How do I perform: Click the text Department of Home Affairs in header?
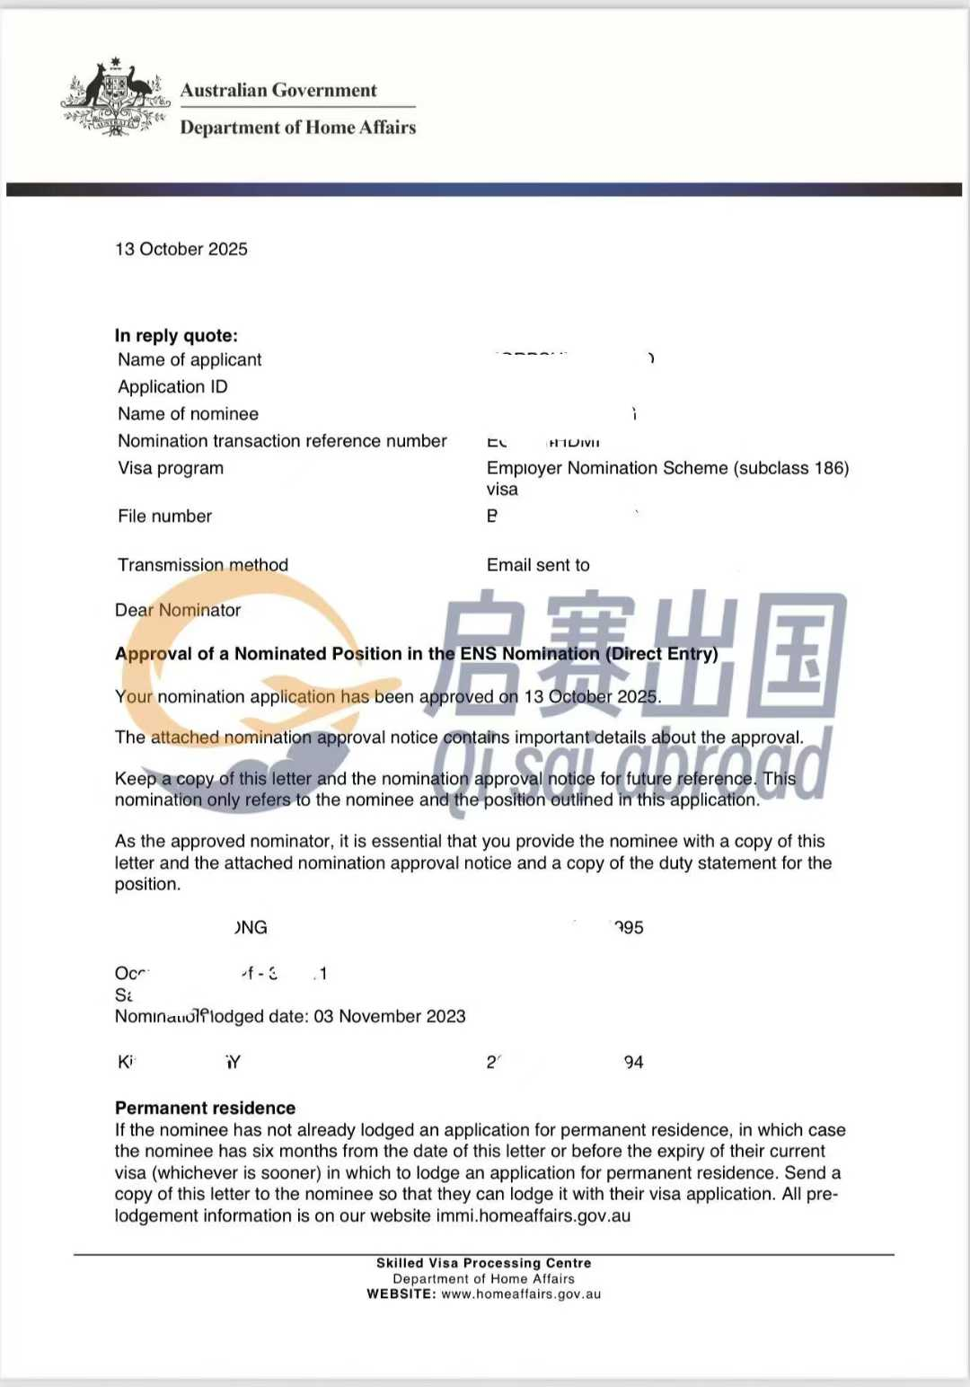point(297,128)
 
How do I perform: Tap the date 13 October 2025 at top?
point(181,249)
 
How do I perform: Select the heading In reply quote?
point(176,335)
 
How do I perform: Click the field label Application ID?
point(172,386)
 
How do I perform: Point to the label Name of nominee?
point(188,413)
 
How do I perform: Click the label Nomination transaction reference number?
point(282,440)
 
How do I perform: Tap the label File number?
point(164,516)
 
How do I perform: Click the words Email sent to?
point(538,564)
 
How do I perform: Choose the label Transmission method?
point(203,564)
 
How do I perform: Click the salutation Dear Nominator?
point(178,609)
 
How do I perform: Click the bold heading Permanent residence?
point(205,1108)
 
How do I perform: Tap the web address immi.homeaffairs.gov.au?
point(533,1215)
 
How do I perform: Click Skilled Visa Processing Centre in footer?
point(483,1263)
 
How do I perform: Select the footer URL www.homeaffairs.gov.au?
point(521,1294)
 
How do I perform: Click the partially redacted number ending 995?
point(628,927)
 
